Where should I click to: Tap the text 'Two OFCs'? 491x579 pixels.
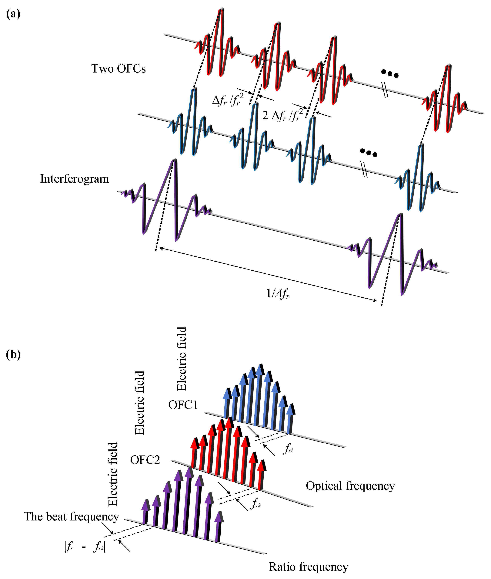click(x=119, y=69)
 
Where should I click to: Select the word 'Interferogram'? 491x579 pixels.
click(x=75, y=179)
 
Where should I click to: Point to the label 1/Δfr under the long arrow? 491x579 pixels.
click(x=278, y=293)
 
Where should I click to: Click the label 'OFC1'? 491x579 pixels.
click(x=183, y=405)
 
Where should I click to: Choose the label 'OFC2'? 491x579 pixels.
click(x=145, y=460)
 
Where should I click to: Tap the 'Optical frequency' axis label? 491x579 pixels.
click(x=350, y=486)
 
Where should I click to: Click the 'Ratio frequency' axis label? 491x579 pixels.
click(x=308, y=567)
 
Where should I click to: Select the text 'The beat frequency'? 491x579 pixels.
click(x=71, y=517)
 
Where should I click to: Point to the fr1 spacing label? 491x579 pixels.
click(x=288, y=449)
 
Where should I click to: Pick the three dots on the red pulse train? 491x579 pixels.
click(x=390, y=74)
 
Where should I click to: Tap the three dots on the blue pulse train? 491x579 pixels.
click(x=369, y=153)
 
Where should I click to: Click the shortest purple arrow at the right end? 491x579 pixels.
click(x=219, y=526)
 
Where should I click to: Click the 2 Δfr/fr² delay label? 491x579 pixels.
click(x=282, y=115)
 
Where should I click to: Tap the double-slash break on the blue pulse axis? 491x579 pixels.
click(x=364, y=169)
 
